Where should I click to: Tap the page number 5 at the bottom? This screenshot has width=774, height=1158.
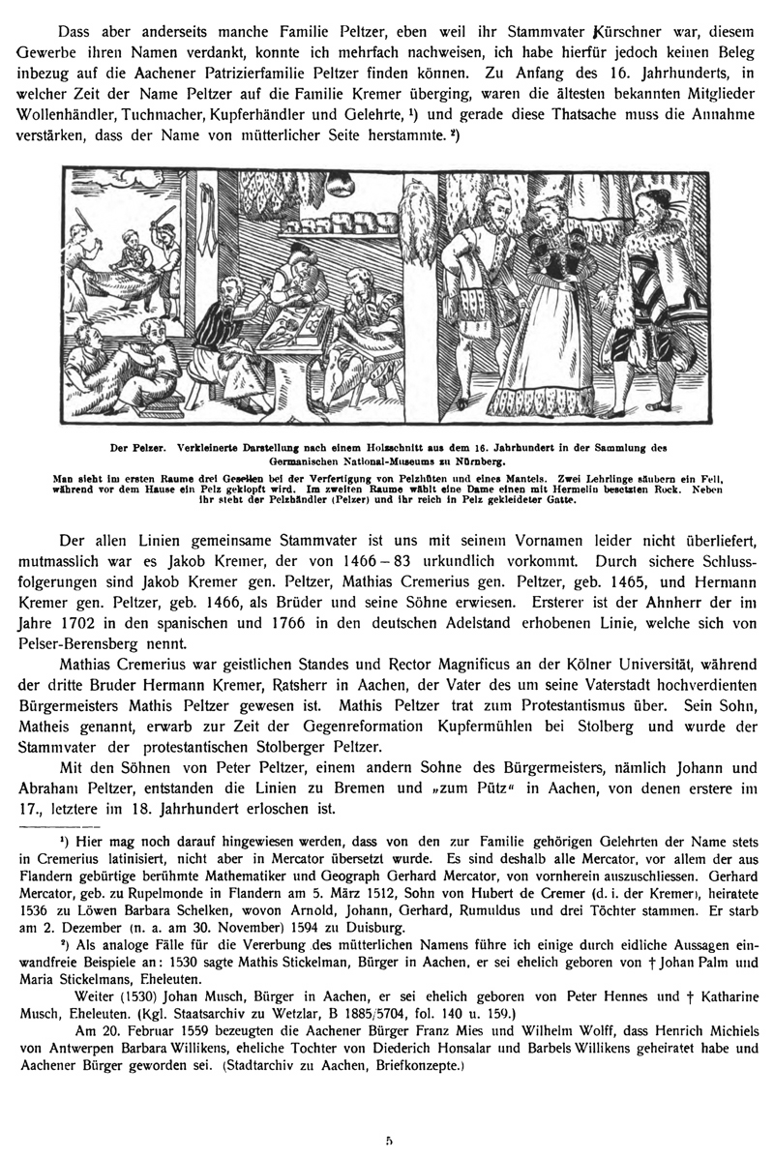coord(388,1142)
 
